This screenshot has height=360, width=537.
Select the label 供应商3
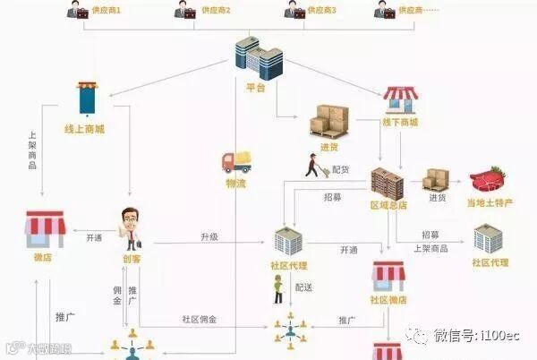coord(320,11)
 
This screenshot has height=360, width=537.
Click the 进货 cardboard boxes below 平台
coord(328,119)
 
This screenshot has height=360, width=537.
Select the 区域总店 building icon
coord(388,183)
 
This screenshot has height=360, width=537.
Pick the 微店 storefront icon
coord(44,230)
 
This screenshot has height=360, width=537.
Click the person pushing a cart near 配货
coord(312,166)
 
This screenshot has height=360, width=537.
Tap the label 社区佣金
coord(199,318)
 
